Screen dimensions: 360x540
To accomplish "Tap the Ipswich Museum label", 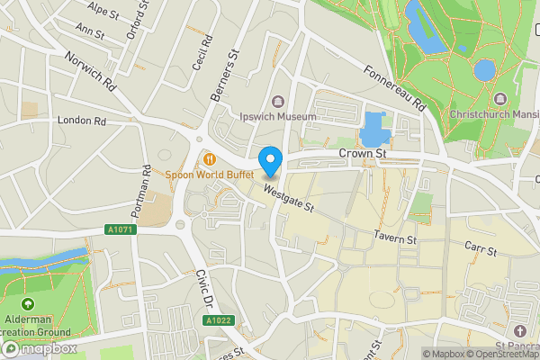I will (277, 117).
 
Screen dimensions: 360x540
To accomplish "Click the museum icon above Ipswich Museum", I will (277, 101).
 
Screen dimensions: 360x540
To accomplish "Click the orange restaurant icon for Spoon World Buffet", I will (209, 157).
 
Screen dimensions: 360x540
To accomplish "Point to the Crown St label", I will (363, 155).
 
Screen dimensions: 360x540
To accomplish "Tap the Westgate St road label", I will (288, 198).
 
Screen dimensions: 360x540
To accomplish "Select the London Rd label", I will (81, 120).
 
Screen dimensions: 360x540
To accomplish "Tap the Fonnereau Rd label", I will (394, 88).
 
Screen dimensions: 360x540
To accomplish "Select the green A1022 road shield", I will (218, 319).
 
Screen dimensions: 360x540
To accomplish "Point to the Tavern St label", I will (396, 239).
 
